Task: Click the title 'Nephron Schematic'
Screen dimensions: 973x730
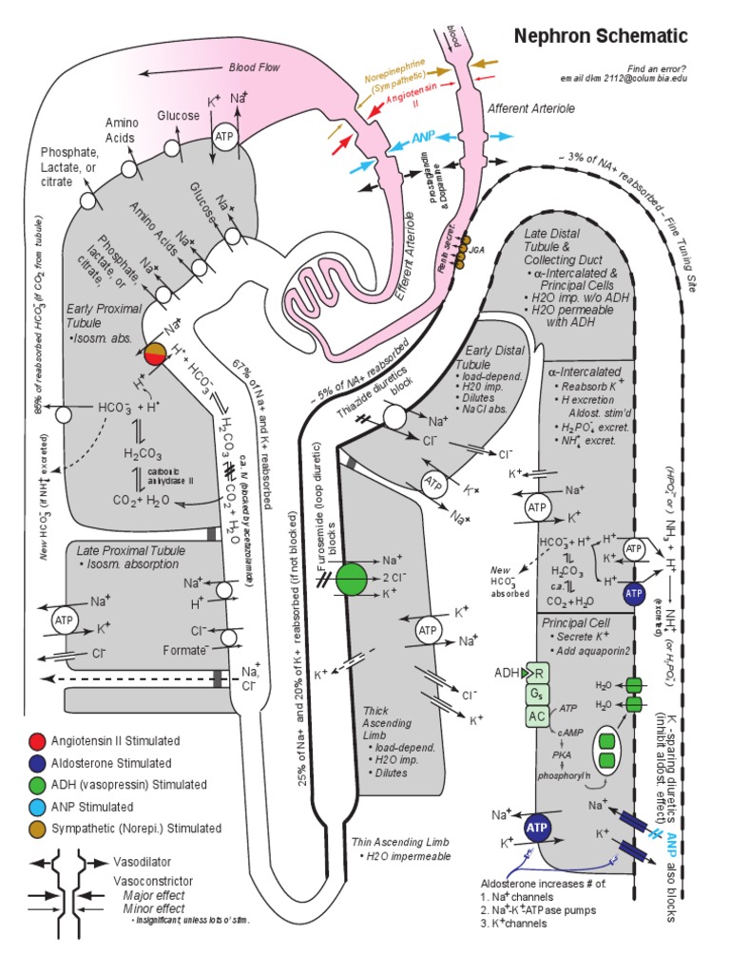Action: coord(600,36)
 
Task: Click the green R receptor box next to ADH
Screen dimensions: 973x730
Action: coord(539,673)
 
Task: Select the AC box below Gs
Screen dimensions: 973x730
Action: coord(538,715)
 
